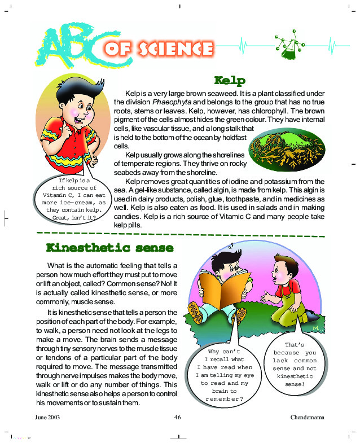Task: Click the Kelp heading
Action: coord(230,80)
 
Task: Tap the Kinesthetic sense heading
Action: coord(109,248)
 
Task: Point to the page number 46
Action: coord(177,417)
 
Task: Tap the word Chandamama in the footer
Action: coord(309,417)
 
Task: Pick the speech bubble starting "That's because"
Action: coord(294,364)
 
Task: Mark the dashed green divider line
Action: coord(181,234)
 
